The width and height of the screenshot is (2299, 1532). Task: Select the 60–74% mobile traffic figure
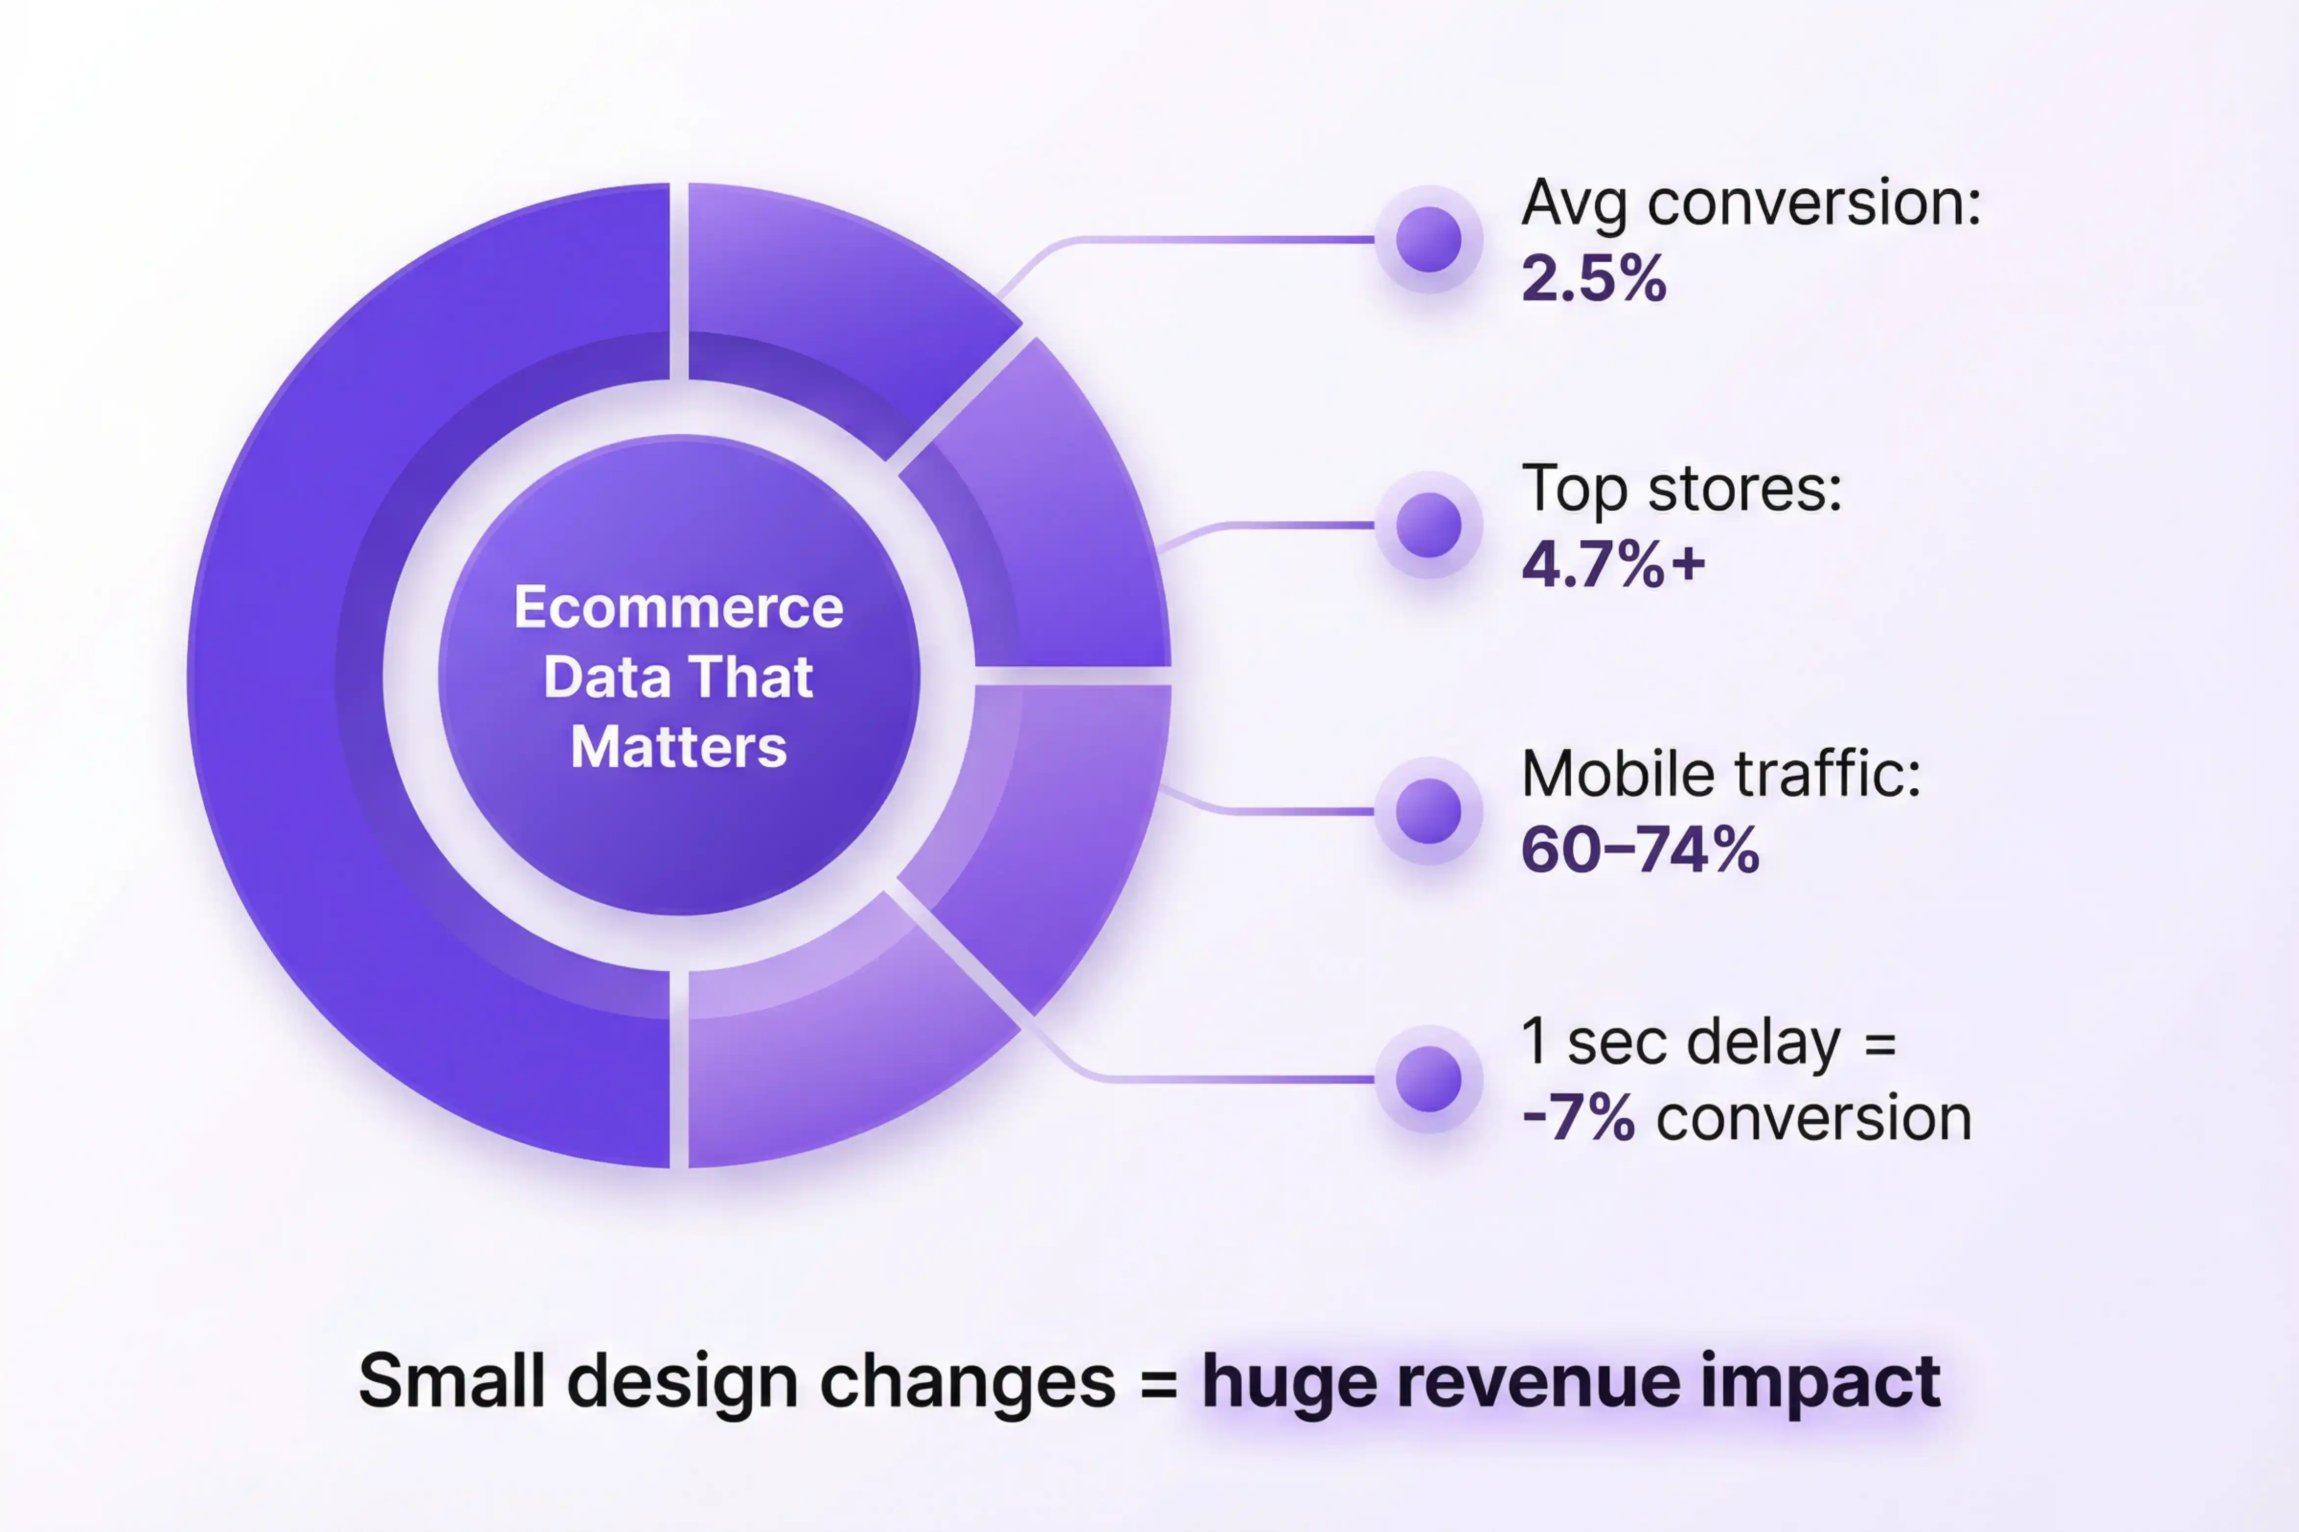pos(1639,850)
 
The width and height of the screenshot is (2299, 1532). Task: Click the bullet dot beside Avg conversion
pos(1429,239)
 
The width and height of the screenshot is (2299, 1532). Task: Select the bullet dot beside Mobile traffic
pos(1429,811)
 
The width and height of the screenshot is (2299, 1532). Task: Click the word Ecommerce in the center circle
pos(678,608)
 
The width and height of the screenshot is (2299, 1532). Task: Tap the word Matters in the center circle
pos(678,748)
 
